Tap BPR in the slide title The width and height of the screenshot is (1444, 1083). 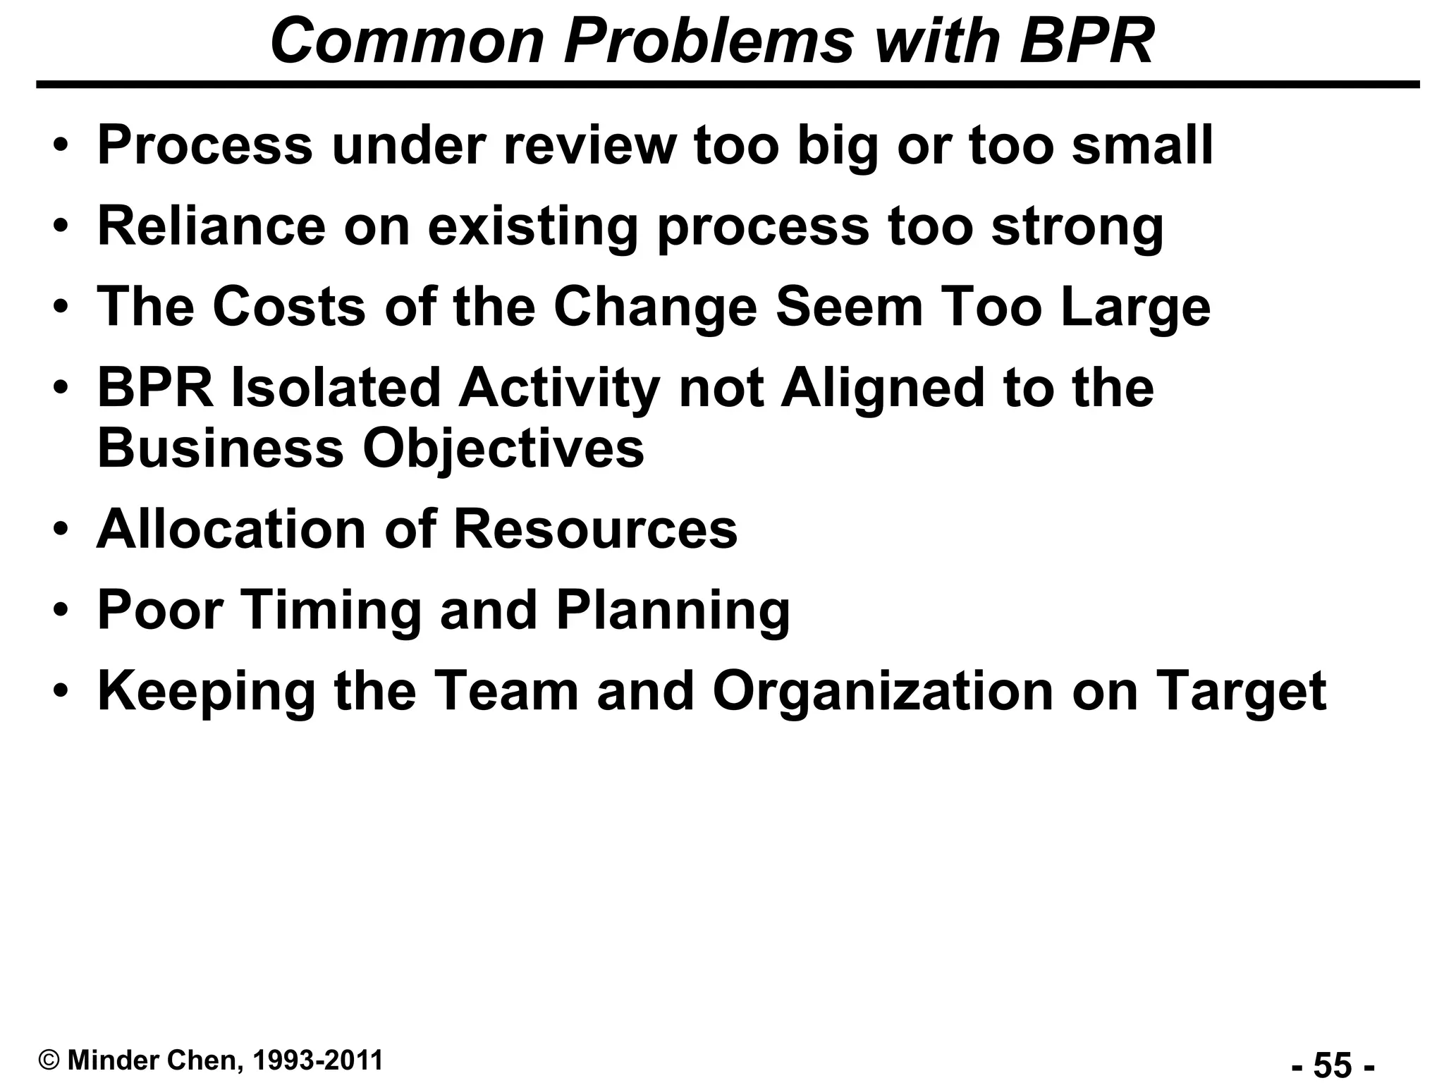[x=1087, y=41]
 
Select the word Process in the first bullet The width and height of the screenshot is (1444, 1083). [x=204, y=145]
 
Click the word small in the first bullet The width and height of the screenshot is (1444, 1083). [x=1142, y=145]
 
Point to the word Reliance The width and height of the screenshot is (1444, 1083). [x=211, y=226]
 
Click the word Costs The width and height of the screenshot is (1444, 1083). [x=289, y=307]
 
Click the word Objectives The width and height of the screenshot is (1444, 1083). [x=503, y=449]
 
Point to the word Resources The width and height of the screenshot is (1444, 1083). [x=596, y=529]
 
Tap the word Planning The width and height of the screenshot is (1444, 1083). [x=673, y=611]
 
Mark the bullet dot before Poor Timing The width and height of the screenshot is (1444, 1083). [x=62, y=610]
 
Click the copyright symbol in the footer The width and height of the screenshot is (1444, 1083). [x=49, y=1060]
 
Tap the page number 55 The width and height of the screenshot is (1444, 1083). [x=1332, y=1064]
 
